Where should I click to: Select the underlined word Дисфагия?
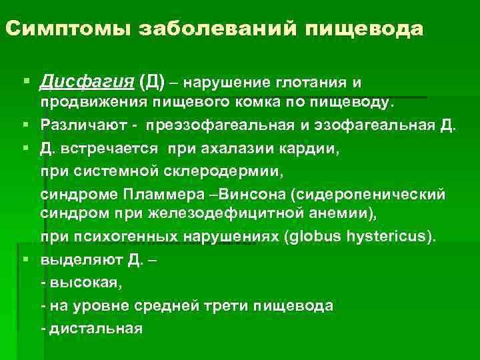click(87, 83)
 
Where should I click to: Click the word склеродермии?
click(228, 171)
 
